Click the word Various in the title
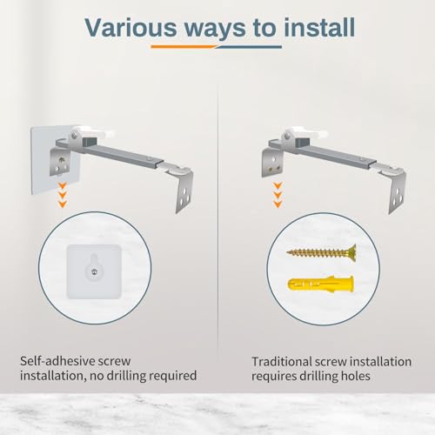point(130,27)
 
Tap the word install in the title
point(319,27)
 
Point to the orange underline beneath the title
point(184,47)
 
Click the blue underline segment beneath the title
point(248,47)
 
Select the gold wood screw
point(322,253)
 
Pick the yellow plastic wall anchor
point(320,284)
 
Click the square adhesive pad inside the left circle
point(94,271)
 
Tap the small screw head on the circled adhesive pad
point(94,271)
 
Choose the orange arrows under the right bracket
point(278,195)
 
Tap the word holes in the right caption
point(356,376)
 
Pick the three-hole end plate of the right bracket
point(397,193)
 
